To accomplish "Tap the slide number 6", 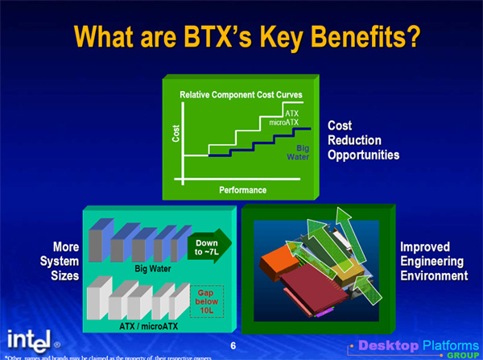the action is [x=233, y=346].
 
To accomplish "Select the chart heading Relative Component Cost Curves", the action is [x=241, y=94].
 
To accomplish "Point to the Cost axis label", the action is [x=175, y=133].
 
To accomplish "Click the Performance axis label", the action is [x=243, y=190].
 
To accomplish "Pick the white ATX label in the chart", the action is [x=291, y=114].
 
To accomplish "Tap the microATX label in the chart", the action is [x=283, y=122].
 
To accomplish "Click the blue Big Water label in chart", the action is [x=298, y=152].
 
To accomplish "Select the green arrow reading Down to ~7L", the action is [x=209, y=246].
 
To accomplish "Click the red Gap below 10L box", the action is [x=207, y=301].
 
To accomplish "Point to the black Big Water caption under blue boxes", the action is [x=153, y=269].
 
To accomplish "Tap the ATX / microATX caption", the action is [x=148, y=326].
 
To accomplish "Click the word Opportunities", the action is [x=364, y=155].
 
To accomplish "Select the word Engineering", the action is [x=431, y=262].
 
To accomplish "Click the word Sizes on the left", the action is [x=65, y=275].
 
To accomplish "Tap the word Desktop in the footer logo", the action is [x=389, y=346].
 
